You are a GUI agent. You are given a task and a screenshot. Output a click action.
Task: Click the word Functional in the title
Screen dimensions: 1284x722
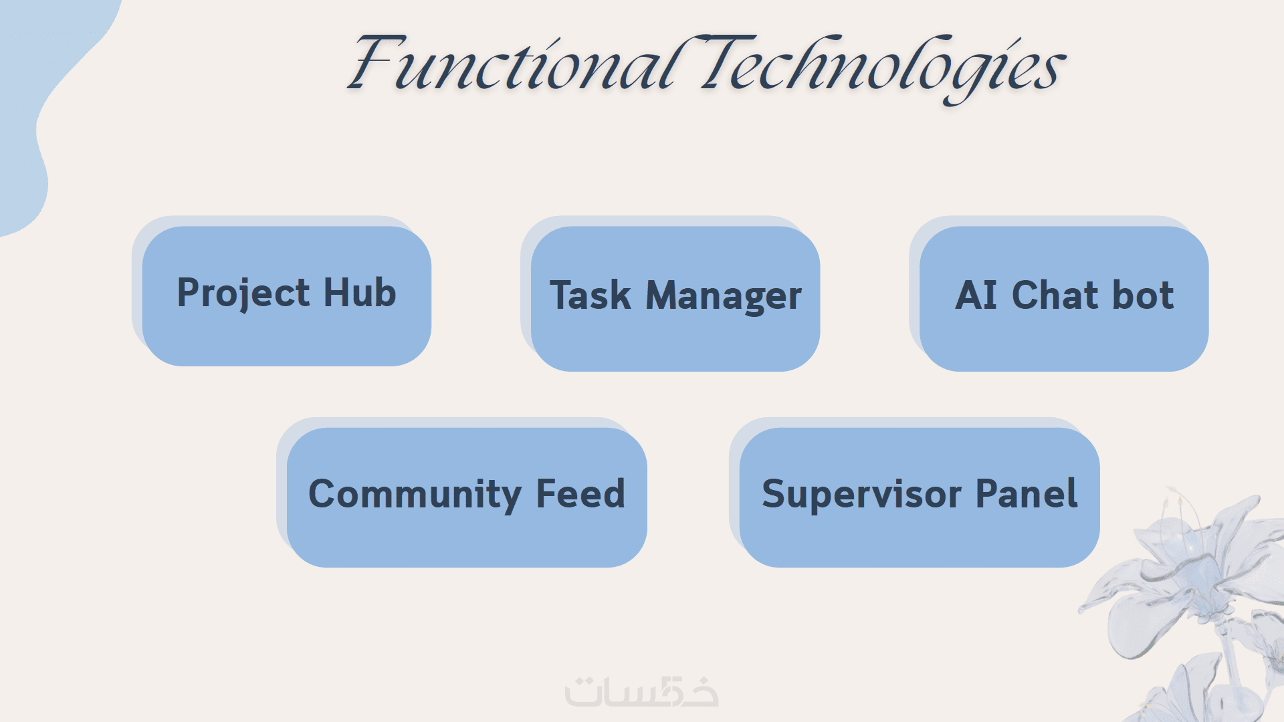[x=515, y=64]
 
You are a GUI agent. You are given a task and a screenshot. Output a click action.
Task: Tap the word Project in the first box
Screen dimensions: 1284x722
[x=243, y=294]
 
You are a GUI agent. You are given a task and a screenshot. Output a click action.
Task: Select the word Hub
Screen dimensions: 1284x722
[x=360, y=292]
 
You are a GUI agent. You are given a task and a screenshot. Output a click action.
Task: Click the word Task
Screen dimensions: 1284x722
[x=591, y=295]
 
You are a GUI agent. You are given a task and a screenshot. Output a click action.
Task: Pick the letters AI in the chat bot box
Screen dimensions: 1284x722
[x=976, y=295]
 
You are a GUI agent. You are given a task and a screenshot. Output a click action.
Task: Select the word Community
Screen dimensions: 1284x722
[x=415, y=495]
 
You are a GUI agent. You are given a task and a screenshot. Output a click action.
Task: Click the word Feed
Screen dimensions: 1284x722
[x=580, y=493]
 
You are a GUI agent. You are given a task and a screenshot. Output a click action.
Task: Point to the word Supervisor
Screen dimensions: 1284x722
[x=861, y=495]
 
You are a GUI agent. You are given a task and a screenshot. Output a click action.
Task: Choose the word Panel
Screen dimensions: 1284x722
[x=1027, y=493]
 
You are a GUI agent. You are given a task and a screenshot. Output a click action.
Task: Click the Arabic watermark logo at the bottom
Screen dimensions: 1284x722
[x=642, y=691]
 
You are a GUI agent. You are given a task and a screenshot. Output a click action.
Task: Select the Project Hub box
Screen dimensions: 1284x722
[x=286, y=295]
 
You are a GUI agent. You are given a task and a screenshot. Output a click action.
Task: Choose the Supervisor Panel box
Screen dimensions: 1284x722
[x=920, y=497]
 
